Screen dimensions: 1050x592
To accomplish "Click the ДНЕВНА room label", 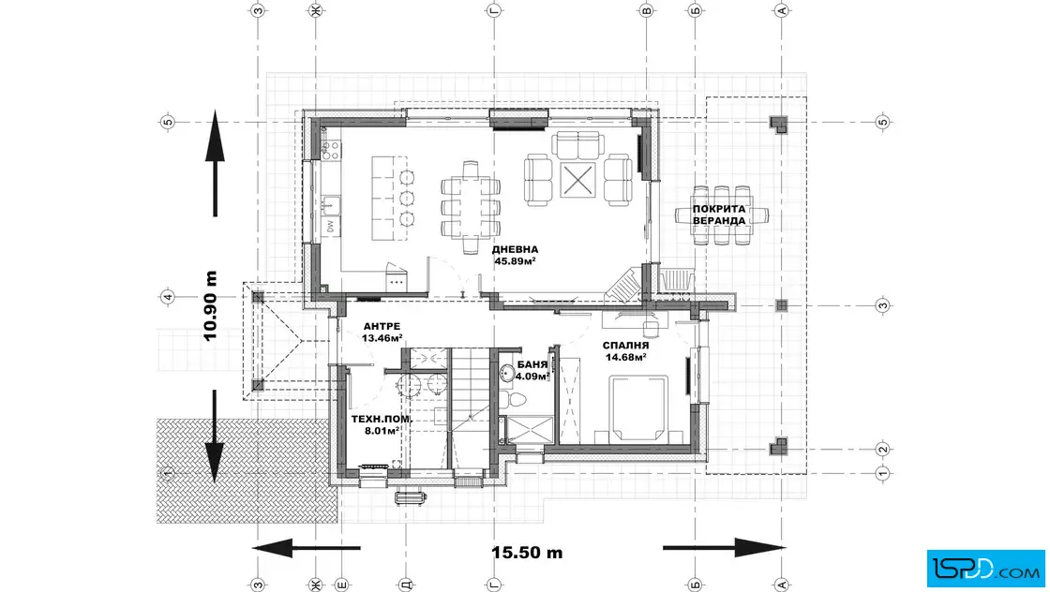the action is tap(515, 249).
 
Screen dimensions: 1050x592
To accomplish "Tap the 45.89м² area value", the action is tap(515, 261).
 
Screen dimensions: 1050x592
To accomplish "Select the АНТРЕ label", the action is tap(382, 326).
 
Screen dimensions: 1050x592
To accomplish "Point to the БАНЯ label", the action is tap(532, 365).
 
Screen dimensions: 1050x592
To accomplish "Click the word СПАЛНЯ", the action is tap(625, 346).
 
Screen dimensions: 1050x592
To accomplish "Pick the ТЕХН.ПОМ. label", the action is tap(382, 420).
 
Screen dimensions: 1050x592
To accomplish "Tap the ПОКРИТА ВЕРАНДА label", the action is tap(718, 215).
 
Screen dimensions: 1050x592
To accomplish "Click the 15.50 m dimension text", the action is tap(527, 553).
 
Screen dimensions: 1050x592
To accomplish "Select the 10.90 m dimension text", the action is tap(210, 306).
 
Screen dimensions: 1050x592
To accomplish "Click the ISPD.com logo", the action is tap(985, 568).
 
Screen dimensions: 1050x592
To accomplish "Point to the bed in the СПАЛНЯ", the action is tap(638, 408).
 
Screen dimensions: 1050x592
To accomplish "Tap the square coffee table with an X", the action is tap(577, 180).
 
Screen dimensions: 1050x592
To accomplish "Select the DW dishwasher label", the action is tap(330, 228).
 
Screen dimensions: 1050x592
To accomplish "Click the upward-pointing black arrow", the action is tap(215, 163).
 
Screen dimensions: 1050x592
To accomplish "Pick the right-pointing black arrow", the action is tap(724, 548).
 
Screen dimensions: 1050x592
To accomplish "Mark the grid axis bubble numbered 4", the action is tap(168, 297).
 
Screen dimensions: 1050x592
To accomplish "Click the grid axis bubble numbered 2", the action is tap(882, 450).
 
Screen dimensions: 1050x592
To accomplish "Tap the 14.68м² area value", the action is tap(625, 358).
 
